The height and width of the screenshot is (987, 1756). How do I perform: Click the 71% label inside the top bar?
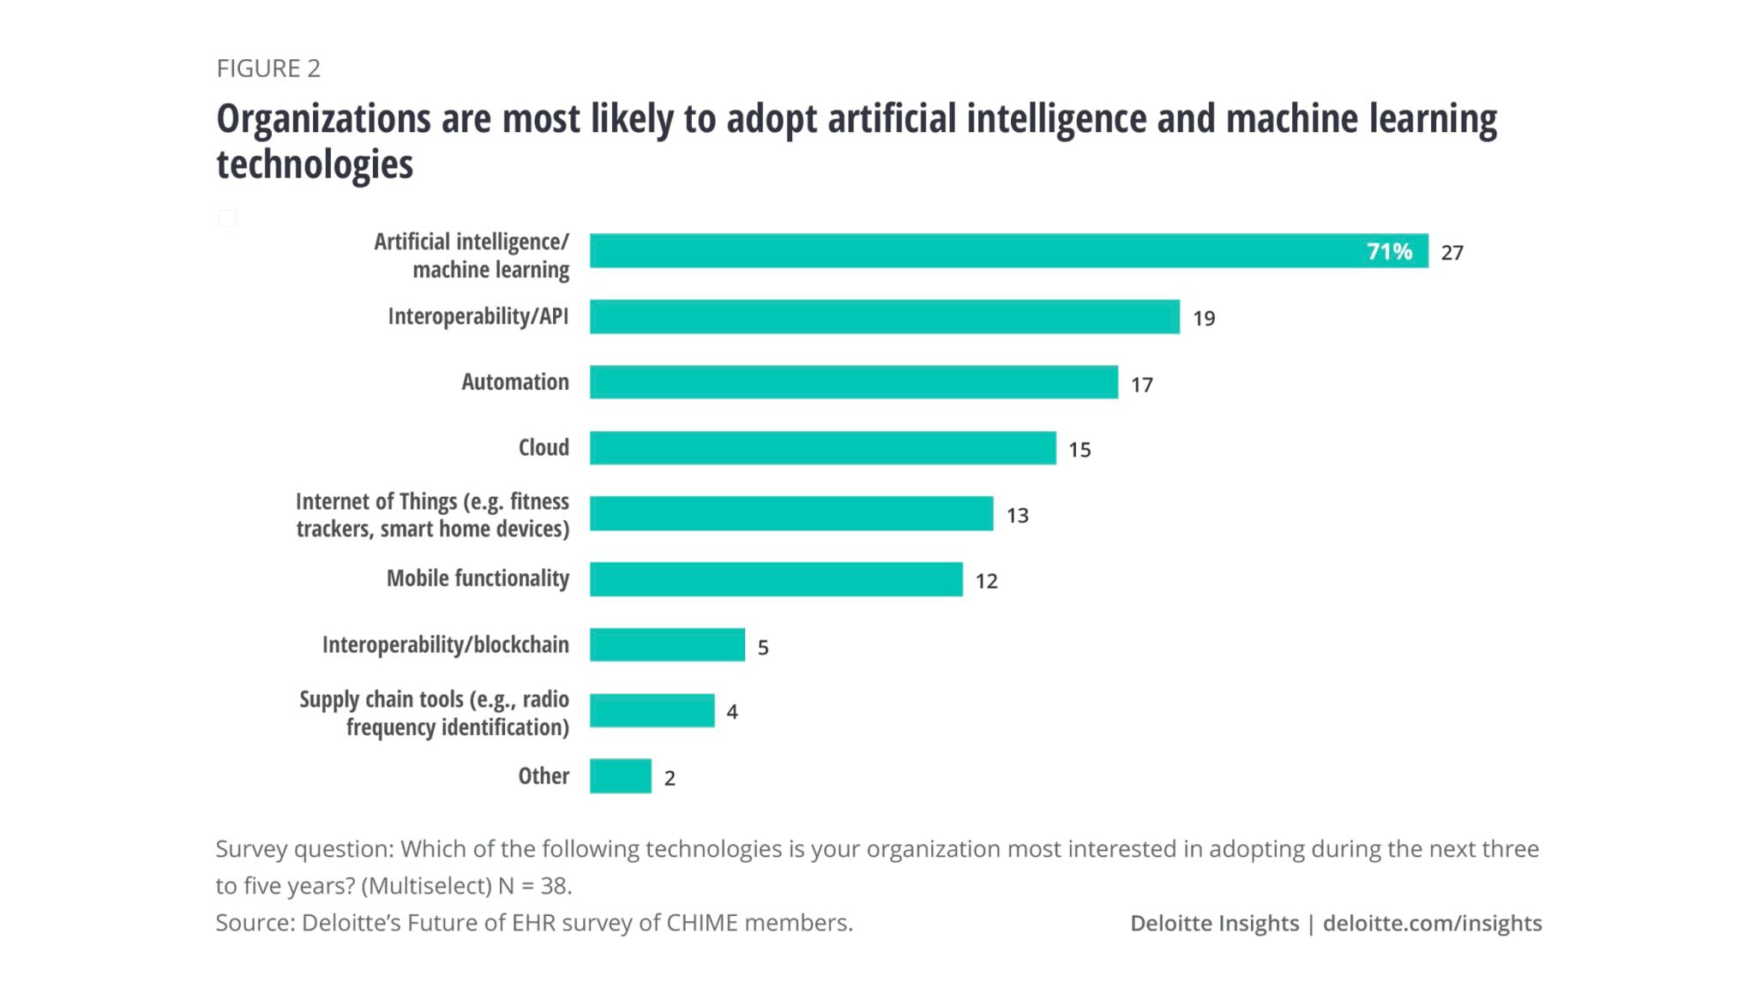coord(1388,252)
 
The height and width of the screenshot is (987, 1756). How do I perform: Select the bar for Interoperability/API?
coord(884,317)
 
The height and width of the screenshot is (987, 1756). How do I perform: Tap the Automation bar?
coord(853,382)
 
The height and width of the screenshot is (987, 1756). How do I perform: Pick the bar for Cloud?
coord(822,448)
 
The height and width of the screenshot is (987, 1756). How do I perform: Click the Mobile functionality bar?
coord(776,579)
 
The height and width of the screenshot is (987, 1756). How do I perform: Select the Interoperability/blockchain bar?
coord(667,645)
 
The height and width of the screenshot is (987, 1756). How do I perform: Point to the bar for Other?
coord(620,776)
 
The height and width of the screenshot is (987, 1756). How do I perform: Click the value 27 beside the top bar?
coord(1452,253)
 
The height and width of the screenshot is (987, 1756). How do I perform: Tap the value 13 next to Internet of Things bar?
coord(1017,516)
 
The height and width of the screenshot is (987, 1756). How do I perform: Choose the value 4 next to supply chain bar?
coord(732,712)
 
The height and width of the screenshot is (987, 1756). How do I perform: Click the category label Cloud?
coord(543,447)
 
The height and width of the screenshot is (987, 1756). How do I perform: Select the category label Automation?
coord(514,382)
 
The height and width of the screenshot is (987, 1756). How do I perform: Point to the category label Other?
coord(543,776)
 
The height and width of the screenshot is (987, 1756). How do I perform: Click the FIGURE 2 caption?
coord(268,69)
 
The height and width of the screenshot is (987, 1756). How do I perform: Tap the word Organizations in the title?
coord(322,119)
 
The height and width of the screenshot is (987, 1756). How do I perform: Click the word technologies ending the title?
coord(315,164)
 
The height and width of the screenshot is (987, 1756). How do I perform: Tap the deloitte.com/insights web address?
coord(1432,924)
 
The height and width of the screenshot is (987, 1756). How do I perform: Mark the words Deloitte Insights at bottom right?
coord(1214,924)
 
